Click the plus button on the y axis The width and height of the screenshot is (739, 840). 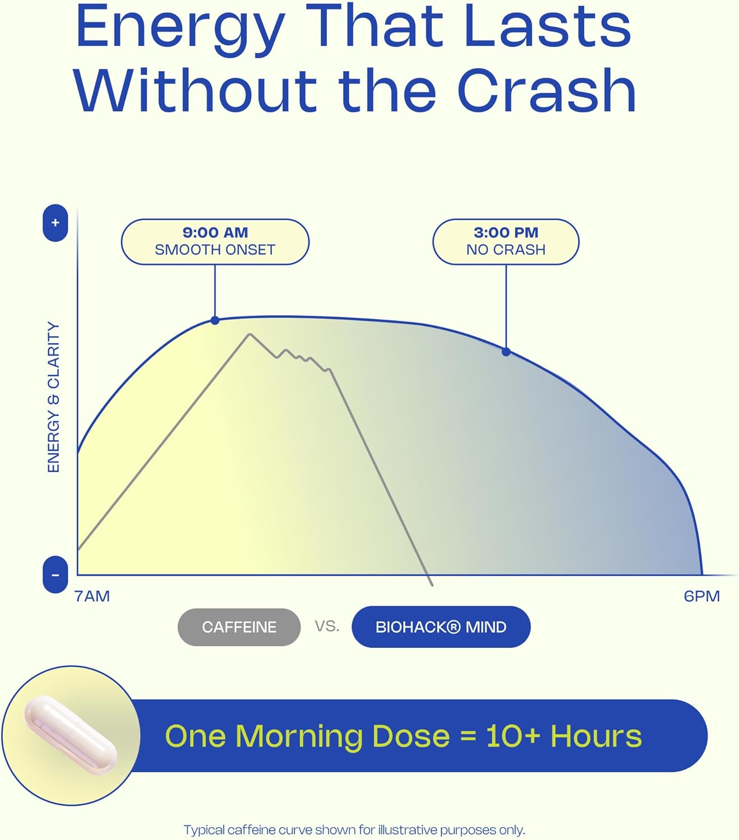pos(55,223)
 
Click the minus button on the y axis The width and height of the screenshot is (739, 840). pos(55,575)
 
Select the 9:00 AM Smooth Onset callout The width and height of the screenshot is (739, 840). pos(215,242)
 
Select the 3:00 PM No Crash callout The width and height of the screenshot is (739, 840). pos(506,242)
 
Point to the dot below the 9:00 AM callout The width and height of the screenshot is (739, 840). pos(214,320)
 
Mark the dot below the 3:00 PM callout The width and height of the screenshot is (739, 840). pos(506,352)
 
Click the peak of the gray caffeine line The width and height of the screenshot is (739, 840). pos(250,334)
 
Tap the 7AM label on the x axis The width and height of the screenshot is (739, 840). pos(92,596)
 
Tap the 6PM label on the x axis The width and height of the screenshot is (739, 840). pos(701,596)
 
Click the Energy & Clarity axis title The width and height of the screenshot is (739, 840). pos(54,397)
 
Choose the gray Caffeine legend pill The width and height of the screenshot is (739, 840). pos(239,627)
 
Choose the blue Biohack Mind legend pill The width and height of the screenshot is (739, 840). pos(441,627)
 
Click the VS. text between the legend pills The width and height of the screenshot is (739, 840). pos(327,626)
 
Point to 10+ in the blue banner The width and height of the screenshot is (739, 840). pos(513,736)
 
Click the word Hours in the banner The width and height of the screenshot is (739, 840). pos(596,736)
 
